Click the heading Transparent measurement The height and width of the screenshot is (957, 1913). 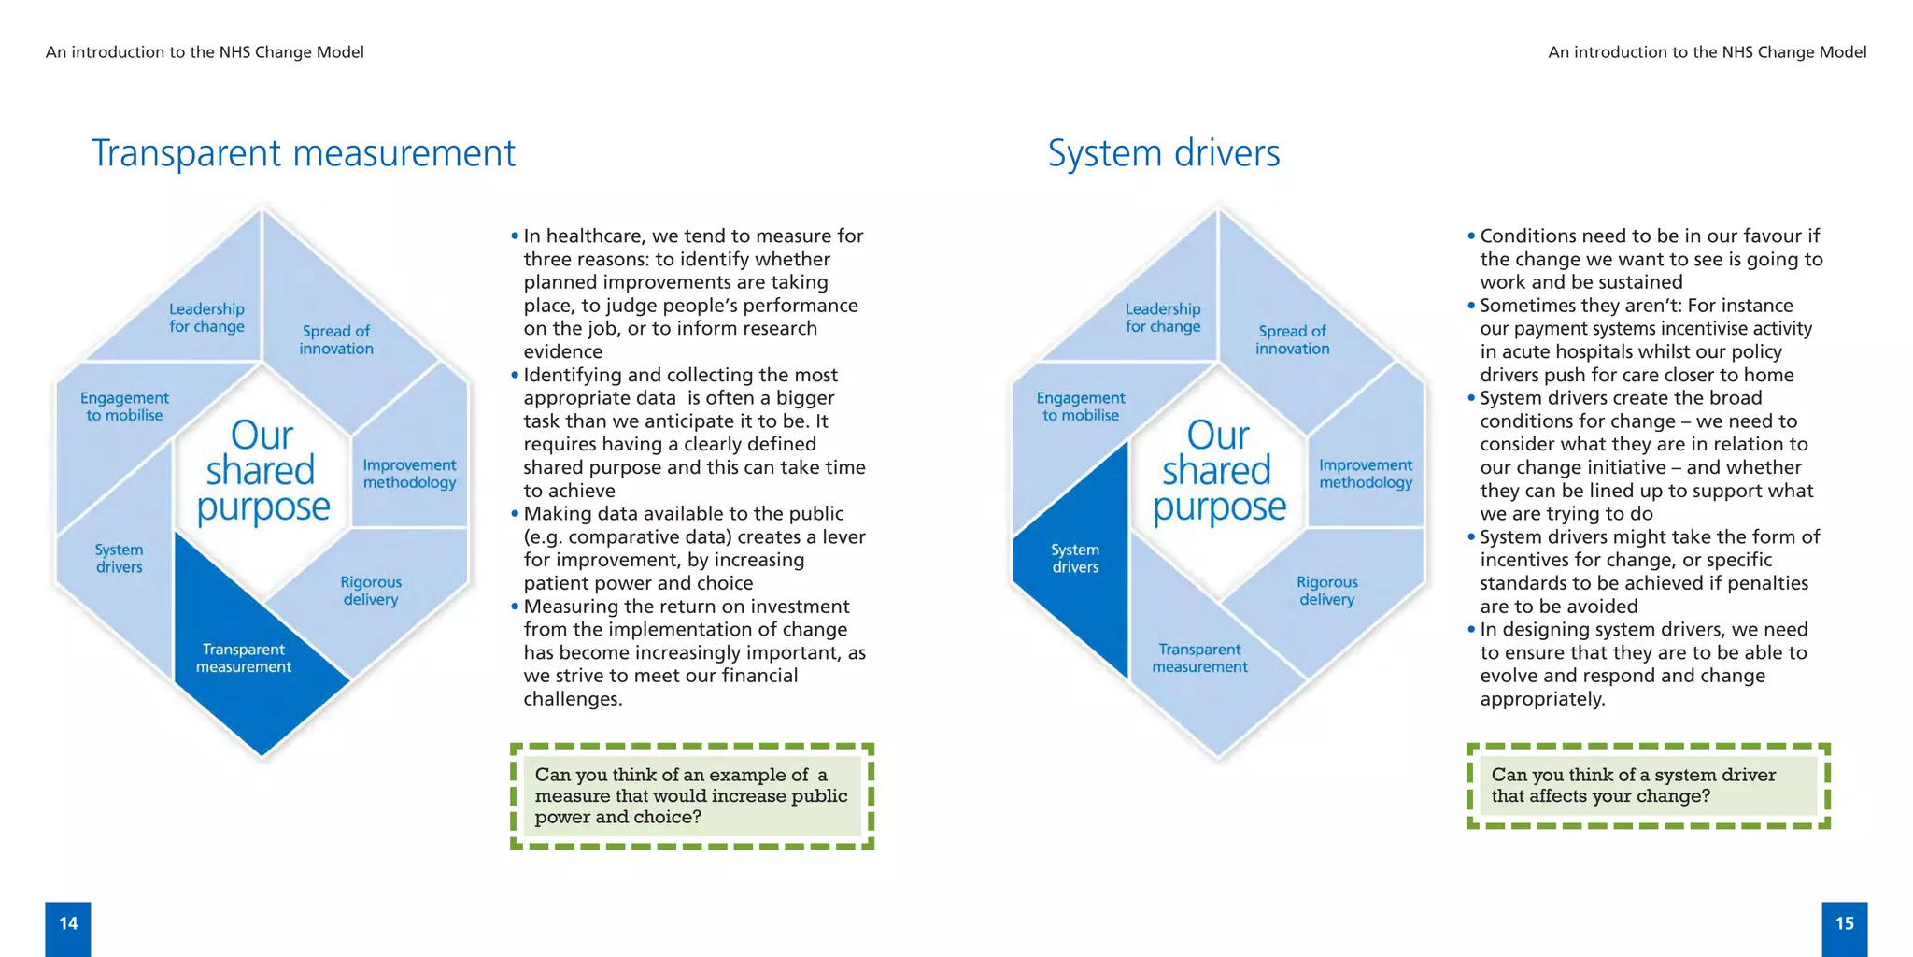[x=303, y=153]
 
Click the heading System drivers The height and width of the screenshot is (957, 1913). [x=1163, y=153]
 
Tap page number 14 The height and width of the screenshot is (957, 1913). [x=68, y=924]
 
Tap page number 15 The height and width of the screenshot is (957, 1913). [x=1844, y=924]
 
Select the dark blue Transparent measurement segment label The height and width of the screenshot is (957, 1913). [x=244, y=658]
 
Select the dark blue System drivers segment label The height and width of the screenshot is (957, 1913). [x=1075, y=559]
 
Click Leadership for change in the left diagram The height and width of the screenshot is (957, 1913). [x=206, y=318]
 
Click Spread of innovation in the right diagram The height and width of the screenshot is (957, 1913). [x=1292, y=339]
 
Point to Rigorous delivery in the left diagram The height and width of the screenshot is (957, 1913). [x=371, y=591]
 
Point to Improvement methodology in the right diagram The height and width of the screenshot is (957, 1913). [x=1365, y=474]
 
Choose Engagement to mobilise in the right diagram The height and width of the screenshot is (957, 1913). [x=1081, y=407]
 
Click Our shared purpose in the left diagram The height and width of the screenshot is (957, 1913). [x=262, y=471]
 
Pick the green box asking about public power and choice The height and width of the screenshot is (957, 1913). [x=691, y=796]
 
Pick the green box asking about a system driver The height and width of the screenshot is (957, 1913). [x=1648, y=786]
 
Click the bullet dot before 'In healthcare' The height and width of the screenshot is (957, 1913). [x=515, y=236]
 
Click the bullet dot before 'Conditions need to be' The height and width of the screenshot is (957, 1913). [x=1471, y=236]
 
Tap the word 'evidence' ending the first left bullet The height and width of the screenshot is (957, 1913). [x=562, y=352]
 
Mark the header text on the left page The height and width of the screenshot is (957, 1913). [x=205, y=52]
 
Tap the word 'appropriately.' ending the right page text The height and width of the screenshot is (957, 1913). [x=1542, y=700]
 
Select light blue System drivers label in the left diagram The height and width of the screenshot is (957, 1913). [x=120, y=559]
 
